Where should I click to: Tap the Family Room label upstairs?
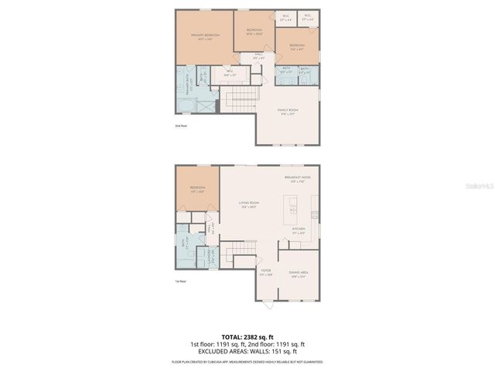288,111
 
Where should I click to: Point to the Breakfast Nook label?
297,178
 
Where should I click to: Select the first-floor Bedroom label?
197,190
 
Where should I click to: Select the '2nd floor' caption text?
180,124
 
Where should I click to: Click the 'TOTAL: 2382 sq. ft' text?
247,337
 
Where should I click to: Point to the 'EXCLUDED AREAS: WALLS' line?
247,351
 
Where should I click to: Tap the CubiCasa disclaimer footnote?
247,361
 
